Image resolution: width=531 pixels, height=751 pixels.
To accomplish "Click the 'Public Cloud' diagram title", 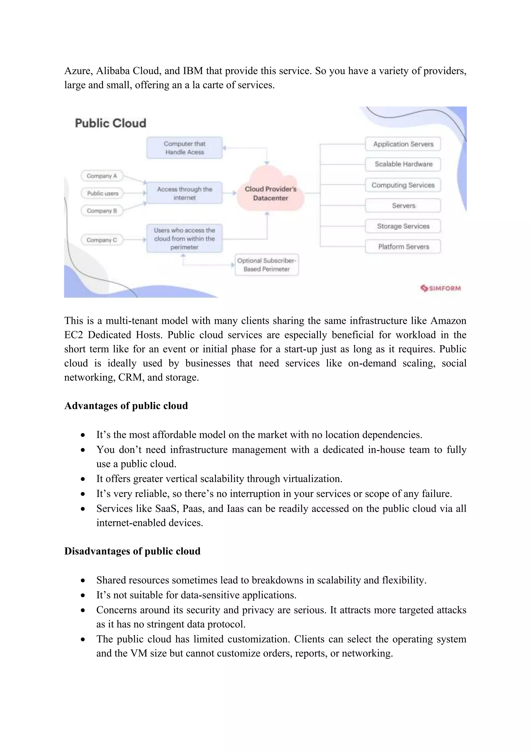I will (110, 123).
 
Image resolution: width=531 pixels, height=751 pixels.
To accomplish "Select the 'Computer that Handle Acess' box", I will (184, 148).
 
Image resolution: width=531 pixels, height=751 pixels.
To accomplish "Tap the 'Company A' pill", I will (102, 176).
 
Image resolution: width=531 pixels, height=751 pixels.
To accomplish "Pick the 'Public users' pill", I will (102, 193).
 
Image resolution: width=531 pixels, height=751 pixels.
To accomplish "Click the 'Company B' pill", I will (102, 211).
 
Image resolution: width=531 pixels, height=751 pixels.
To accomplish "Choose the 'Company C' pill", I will (102, 240).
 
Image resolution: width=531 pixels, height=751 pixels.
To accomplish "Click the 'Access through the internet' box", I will (184, 193).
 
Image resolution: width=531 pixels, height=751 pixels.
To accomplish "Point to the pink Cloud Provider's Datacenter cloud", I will (270, 193).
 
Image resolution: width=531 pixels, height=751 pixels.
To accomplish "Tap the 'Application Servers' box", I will (403, 144).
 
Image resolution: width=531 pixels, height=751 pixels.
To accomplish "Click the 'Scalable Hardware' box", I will (403, 164).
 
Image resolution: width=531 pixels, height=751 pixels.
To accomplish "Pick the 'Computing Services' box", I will (403, 185).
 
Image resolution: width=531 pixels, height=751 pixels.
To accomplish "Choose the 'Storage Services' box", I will (403, 226).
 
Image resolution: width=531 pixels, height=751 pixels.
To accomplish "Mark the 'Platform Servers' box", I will (403, 247).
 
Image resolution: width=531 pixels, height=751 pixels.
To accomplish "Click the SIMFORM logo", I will (441, 288).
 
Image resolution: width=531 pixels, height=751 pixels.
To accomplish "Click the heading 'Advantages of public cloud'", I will (126, 406).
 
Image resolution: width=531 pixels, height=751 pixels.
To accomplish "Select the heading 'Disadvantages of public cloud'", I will (132, 551).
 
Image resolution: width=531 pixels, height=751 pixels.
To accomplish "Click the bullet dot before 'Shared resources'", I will (83, 581).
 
